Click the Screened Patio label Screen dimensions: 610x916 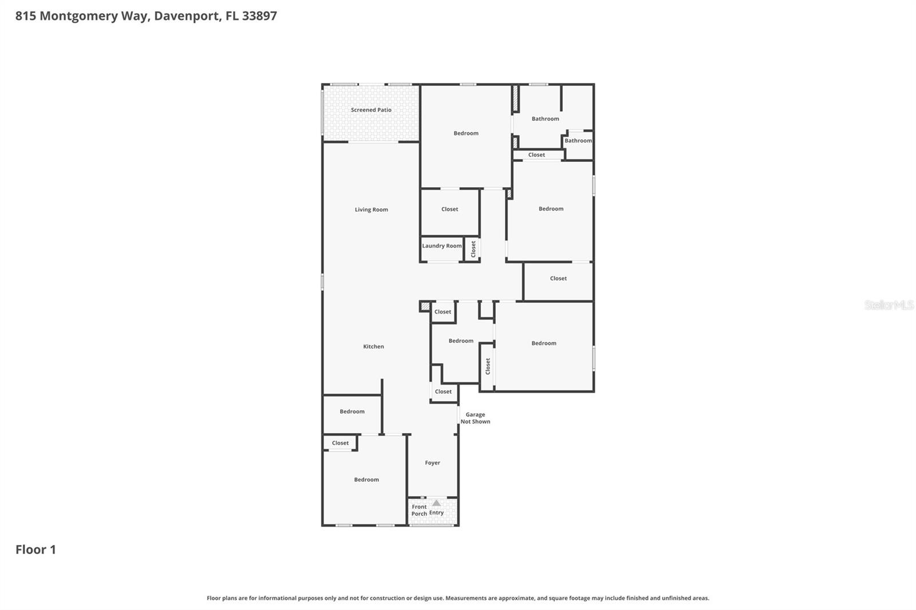[x=371, y=110]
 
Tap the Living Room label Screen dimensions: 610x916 [x=371, y=209]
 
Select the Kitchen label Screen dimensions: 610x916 [x=373, y=346]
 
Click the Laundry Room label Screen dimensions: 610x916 [x=441, y=245]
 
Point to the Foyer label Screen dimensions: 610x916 [x=432, y=462]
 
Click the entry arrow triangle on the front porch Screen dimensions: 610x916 [x=436, y=503]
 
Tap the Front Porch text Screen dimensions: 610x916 [x=419, y=510]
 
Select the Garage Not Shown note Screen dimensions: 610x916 [x=475, y=418]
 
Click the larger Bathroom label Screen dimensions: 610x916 [x=545, y=118]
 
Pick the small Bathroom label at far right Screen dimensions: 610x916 [x=578, y=140]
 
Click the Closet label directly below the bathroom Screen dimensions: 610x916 [x=536, y=155]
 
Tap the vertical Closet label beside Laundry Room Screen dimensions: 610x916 [x=473, y=248]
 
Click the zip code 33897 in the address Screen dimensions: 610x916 [x=259, y=15]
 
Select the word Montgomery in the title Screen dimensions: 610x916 [x=78, y=15]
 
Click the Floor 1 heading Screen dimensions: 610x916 [x=35, y=549]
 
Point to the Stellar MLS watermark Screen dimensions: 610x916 [x=889, y=305]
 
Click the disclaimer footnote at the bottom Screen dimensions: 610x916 [x=457, y=598]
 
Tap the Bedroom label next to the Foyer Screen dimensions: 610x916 [x=366, y=480]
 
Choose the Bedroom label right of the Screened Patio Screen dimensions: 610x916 [x=465, y=133]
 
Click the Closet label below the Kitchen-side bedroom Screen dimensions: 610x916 [x=340, y=442]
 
